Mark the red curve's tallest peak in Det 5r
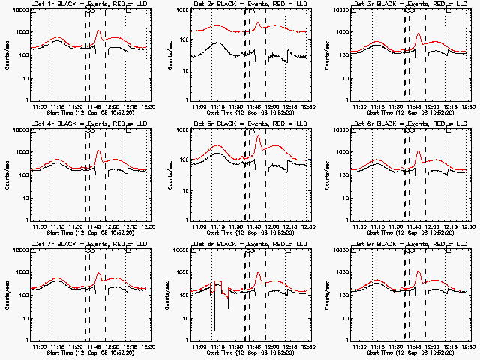pos(258,136)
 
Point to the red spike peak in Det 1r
pos(99,31)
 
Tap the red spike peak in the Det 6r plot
pos(418,151)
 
